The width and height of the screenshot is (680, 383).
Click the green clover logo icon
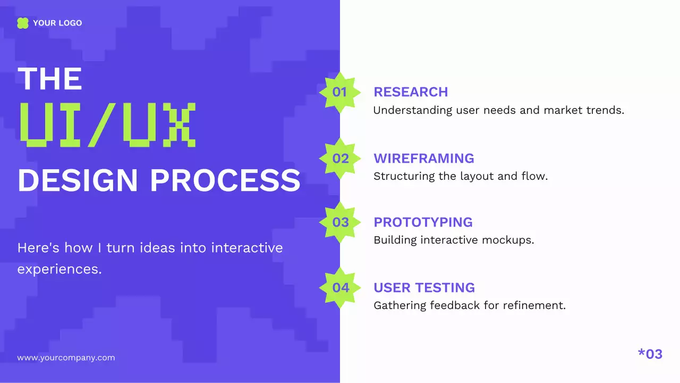[22, 23]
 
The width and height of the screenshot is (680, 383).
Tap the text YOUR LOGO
[57, 23]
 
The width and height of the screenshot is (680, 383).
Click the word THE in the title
[50, 79]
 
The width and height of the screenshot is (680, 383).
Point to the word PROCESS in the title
[225, 180]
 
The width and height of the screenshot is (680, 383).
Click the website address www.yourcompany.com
[66, 357]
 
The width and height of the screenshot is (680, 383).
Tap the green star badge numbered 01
[339, 92]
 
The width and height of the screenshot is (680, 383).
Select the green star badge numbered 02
[340, 159]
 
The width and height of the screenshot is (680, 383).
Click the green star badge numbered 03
[340, 222]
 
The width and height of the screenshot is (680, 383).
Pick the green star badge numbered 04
[340, 288]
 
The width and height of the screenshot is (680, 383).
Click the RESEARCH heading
[411, 92]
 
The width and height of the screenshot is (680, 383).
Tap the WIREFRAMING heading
[423, 159]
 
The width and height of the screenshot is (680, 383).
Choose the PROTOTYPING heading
[423, 222]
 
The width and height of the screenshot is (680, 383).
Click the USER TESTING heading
[424, 288]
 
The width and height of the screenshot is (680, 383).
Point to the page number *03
[650, 354]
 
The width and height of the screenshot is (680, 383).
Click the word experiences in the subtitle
[59, 269]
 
